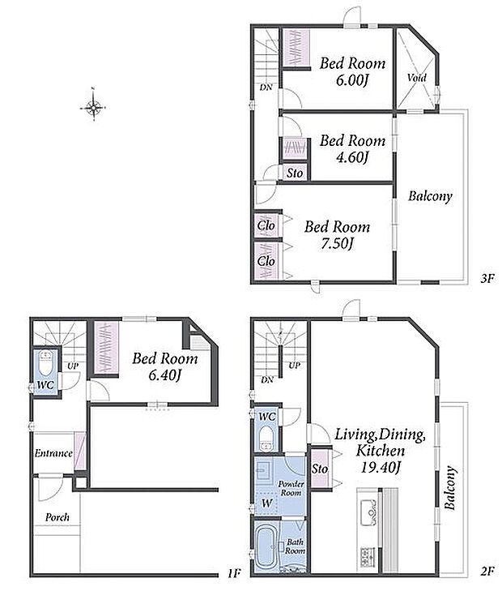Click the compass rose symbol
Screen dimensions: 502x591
point(93,108)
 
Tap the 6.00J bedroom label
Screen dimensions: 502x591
point(352,71)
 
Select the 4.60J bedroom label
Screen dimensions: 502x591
point(352,149)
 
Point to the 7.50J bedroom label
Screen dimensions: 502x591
point(337,235)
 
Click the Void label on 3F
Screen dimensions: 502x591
point(416,78)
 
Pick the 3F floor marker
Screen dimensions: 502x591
point(487,279)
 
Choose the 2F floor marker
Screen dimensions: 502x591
point(487,572)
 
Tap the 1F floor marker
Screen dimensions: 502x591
point(234,574)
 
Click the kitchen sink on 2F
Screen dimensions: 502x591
point(368,512)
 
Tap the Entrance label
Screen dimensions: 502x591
point(53,453)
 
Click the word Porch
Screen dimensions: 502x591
point(57,517)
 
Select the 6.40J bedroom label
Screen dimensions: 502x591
point(165,366)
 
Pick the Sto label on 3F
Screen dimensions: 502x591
point(295,173)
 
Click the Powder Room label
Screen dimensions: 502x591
point(291,488)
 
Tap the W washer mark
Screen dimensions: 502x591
point(267,503)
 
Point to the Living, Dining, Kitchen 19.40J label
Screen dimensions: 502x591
point(381,451)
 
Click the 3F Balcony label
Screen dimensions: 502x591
point(430,196)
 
